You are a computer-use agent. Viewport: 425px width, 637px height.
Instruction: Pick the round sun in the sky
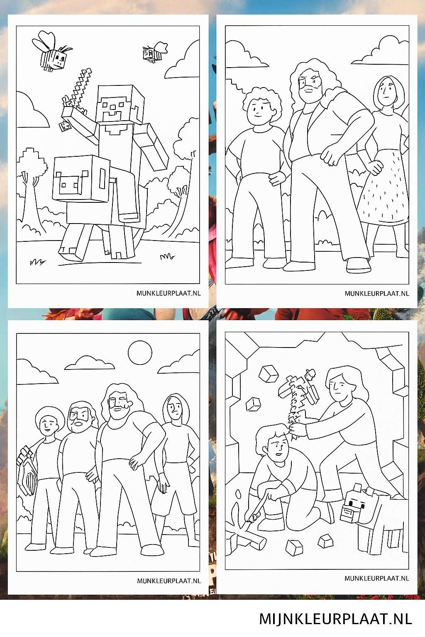coord(140,353)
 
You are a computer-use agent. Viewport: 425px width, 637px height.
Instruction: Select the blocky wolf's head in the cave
coord(353,506)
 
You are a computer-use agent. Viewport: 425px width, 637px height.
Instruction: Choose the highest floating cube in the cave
coord(268,373)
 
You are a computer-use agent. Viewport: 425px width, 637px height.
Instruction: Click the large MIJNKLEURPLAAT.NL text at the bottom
coord(335,619)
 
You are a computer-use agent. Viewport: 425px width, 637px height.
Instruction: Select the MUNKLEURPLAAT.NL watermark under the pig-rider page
coord(169,293)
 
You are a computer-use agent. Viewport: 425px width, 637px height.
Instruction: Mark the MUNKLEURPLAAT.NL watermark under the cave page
coord(376,578)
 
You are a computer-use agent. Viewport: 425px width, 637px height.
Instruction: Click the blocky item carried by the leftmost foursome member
coord(27,471)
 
